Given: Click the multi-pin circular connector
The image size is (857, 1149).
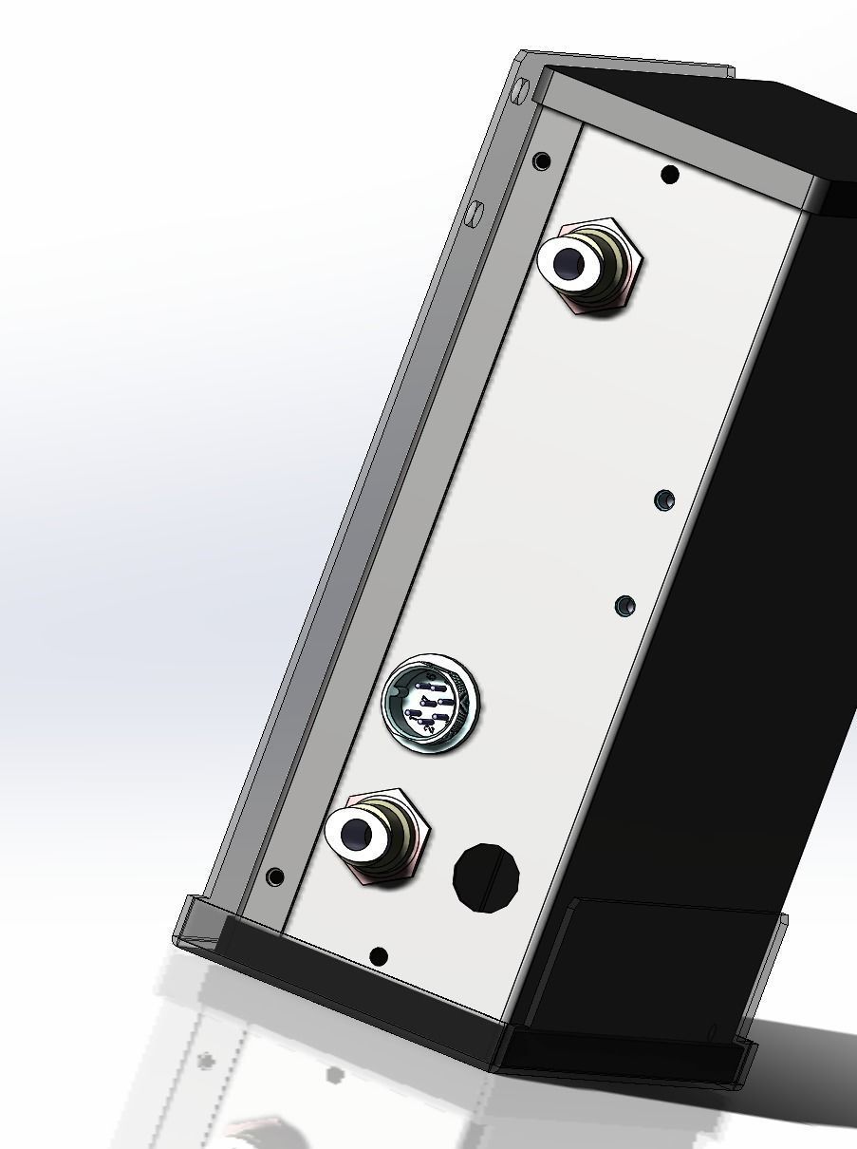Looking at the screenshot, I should [431, 704].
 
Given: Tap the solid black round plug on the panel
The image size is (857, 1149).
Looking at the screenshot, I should [487, 877].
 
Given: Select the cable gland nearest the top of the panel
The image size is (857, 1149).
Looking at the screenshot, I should [588, 267].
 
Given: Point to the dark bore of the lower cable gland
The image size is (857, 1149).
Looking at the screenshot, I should [355, 835].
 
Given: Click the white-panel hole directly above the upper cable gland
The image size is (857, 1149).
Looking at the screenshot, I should [669, 175].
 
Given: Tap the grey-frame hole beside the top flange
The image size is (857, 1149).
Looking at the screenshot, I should [542, 161].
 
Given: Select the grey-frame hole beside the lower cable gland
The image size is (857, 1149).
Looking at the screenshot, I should [275, 876].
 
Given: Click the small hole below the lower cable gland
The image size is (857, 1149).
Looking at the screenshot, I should [378, 956].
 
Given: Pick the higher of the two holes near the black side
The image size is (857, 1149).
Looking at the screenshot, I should [665, 499].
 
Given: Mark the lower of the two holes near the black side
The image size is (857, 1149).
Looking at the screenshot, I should [624, 605].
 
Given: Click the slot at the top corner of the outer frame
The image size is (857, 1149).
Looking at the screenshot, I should [519, 91].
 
